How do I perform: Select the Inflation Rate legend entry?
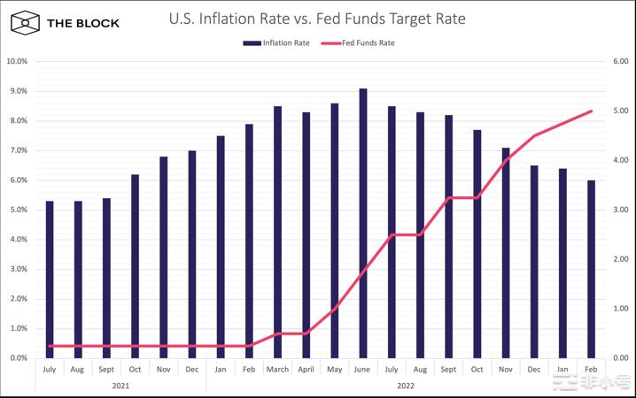[x=275, y=42]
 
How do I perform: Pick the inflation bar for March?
[x=277, y=232]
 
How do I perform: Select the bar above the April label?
[x=306, y=234]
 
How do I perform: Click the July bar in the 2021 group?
[x=50, y=279]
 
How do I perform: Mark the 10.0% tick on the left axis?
[x=17, y=61]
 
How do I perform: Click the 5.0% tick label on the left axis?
[x=17, y=210]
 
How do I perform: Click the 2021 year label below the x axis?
[x=120, y=385]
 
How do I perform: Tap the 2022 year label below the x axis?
[x=405, y=385]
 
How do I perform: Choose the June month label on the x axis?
[x=363, y=370]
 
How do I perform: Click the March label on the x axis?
[x=277, y=370]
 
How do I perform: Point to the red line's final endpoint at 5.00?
[x=591, y=111]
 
